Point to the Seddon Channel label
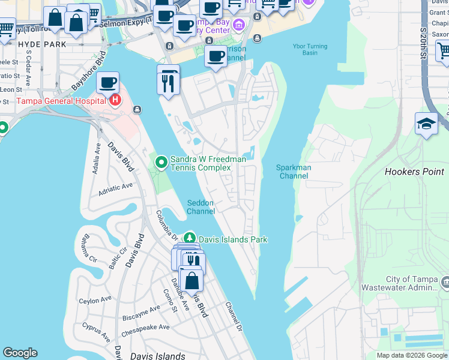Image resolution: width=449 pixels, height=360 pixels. click(200, 207)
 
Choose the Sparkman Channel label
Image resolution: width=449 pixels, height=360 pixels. click(294, 172)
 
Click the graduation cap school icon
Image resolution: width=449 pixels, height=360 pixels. click(426, 123)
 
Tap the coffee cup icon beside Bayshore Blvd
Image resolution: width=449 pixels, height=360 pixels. click(107, 82)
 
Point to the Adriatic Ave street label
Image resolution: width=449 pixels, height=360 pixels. click(116, 190)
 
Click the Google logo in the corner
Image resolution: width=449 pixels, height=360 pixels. click(20, 353)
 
